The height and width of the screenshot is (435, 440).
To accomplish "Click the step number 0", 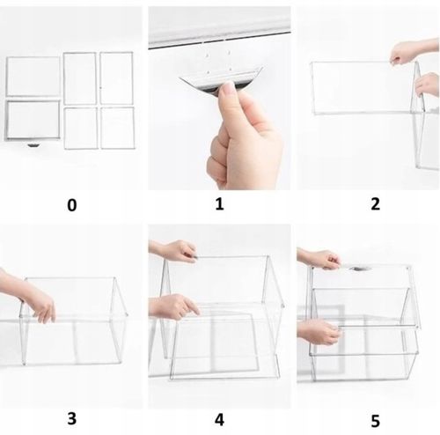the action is click(x=72, y=205).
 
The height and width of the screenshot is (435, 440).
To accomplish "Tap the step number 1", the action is click(x=219, y=204).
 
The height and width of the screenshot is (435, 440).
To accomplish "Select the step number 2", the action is click(x=375, y=204).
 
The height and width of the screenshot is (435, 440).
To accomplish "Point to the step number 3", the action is click(x=72, y=418).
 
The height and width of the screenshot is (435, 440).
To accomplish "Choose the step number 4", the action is click(x=219, y=420).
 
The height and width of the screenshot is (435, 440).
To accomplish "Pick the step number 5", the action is click(x=375, y=421).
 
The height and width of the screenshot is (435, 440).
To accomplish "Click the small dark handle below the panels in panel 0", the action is click(x=33, y=145).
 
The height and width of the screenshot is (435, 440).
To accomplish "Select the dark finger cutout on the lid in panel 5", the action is click(x=359, y=269).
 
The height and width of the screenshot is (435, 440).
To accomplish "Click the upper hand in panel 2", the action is click(x=414, y=52).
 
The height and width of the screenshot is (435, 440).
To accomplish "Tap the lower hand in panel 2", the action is click(x=427, y=85).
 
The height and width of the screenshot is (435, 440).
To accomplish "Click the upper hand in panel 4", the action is click(x=173, y=251).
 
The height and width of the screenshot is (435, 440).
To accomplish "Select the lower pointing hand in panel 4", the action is click(x=173, y=306).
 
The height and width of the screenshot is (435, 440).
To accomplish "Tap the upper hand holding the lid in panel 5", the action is click(x=319, y=258).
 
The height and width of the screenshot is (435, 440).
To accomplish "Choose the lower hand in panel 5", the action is click(x=319, y=332).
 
